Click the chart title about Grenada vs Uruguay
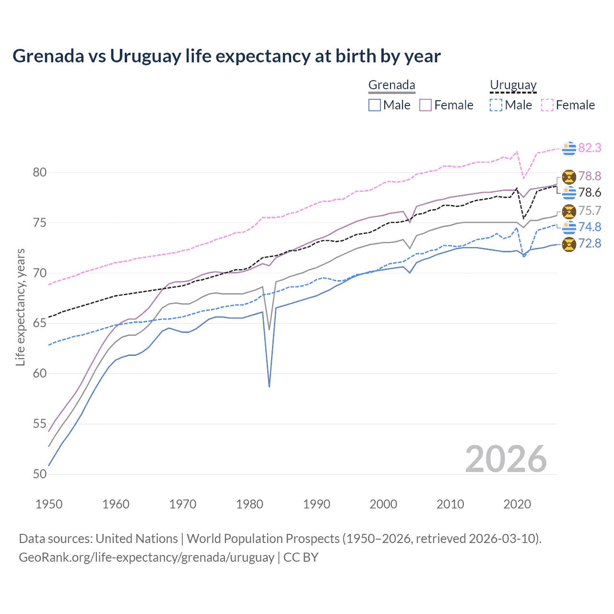(226, 56)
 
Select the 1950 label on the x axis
(49, 504)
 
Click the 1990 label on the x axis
(317, 504)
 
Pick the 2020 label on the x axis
(517, 504)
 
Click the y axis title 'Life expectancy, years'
(20, 307)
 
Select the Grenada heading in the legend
(391, 85)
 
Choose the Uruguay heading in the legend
(513, 85)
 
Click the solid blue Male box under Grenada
(375, 105)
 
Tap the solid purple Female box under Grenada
(425, 105)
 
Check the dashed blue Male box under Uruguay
(496, 105)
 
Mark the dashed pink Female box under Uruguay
(547, 105)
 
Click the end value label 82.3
(590, 148)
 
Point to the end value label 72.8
(590, 244)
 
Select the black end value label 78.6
(590, 193)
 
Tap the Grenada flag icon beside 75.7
(569, 211)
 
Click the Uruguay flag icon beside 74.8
(569, 227)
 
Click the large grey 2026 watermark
(506, 459)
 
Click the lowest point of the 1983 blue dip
(270, 387)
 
